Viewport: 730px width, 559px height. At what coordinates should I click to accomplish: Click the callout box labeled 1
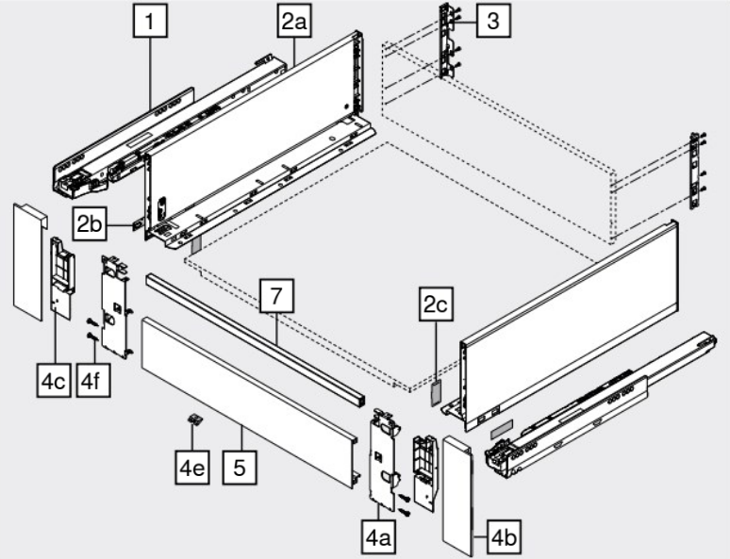150,21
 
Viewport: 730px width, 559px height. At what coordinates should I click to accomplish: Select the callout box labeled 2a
294,21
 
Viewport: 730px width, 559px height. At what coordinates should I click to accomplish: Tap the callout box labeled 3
493,21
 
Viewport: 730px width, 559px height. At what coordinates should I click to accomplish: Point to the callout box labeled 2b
90,223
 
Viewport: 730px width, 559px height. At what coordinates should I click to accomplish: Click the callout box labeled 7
276,296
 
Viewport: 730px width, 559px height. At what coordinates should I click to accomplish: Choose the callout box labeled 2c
437,304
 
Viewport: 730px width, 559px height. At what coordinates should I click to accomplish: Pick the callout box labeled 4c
54,381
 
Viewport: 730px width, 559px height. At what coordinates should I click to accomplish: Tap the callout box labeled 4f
93,381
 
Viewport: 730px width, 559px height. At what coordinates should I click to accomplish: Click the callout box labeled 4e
192,468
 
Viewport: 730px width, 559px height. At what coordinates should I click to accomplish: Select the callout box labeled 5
240,468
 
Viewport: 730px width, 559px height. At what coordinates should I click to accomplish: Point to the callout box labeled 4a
378,537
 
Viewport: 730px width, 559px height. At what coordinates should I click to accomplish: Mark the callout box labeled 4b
505,537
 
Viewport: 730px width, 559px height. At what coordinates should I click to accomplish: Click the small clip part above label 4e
196,419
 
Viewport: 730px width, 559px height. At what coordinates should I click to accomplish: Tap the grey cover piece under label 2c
436,393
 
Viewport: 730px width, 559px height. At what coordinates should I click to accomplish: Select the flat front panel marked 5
250,403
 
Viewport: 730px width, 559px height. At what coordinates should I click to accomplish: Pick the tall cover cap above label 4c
30,261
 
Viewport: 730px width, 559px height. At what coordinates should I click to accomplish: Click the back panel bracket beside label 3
448,41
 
